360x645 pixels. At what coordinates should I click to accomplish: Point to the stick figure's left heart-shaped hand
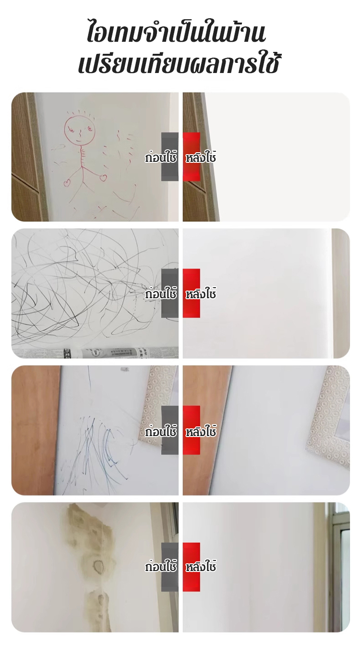(x=67, y=183)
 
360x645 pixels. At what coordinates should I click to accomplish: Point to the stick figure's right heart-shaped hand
(x=103, y=178)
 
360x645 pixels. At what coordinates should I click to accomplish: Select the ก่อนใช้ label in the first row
(x=160, y=157)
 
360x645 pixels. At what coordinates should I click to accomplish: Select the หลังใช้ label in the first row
(x=201, y=157)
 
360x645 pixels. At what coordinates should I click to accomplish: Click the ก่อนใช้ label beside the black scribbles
(x=160, y=293)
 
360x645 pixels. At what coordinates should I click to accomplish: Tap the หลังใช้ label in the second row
(x=201, y=293)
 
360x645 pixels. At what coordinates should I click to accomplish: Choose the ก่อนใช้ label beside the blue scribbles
(x=160, y=431)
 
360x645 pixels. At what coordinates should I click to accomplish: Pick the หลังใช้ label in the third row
(x=201, y=431)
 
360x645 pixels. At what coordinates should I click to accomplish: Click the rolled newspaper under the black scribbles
(x=95, y=353)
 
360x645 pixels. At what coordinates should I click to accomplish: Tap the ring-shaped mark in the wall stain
(x=99, y=566)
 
